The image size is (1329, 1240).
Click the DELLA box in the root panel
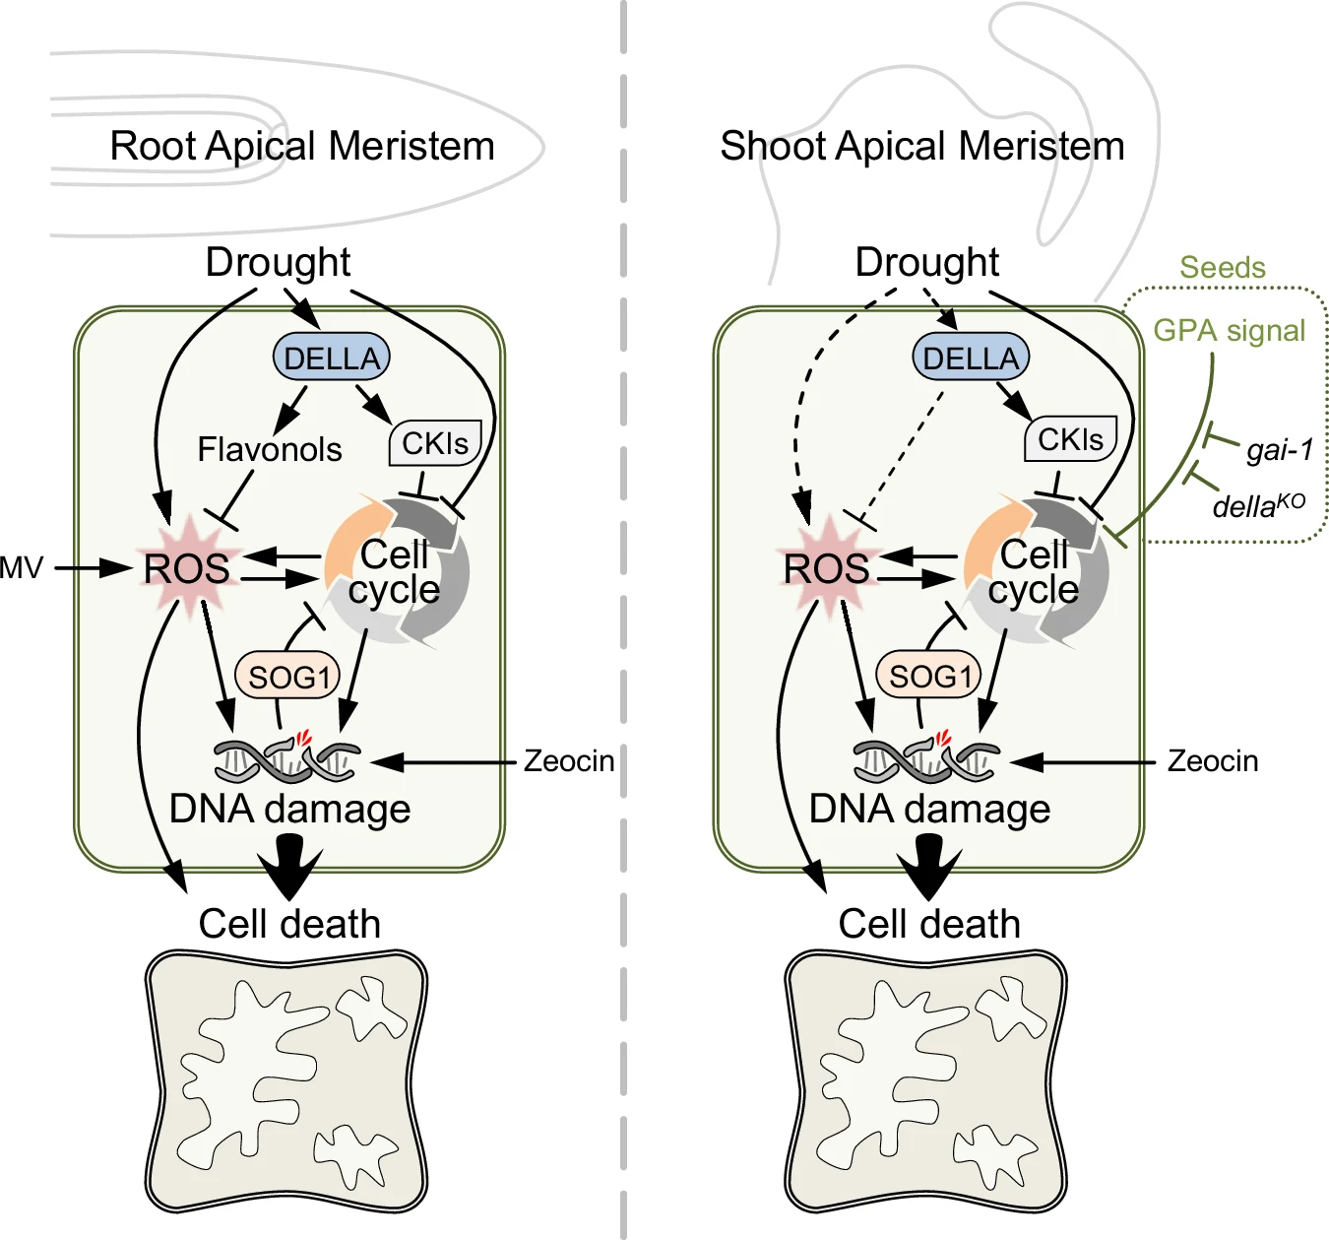pyautogui.click(x=331, y=358)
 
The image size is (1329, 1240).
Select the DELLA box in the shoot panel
pyautogui.click(x=971, y=358)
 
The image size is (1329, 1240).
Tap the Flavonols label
pyautogui.click(x=269, y=449)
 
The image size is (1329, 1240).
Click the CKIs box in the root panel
pyautogui.click(x=435, y=443)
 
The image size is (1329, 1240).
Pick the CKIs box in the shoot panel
pyautogui.click(x=1071, y=439)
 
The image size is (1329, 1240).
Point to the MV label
pyautogui.click(x=22, y=568)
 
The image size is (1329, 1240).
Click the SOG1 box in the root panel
pyautogui.click(x=287, y=677)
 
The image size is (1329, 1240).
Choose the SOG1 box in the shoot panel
pyautogui.click(x=928, y=676)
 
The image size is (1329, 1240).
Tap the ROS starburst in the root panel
pyautogui.click(x=187, y=568)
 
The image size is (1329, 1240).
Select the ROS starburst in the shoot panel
pyautogui.click(x=827, y=568)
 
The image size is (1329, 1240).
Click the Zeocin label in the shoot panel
pyautogui.click(x=1212, y=761)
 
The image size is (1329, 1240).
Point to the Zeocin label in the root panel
pyautogui.click(x=569, y=761)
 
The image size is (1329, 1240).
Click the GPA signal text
pyautogui.click(x=1230, y=331)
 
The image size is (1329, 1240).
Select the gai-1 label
pyautogui.click(x=1279, y=450)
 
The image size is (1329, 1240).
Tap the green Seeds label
pyautogui.click(x=1223, y=268)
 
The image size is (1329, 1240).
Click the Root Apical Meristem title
pyautogui.click(x=302, y=146)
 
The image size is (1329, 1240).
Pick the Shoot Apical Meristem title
pyautogui.click(x=922, y=146)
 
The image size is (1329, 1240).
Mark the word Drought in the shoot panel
pyautogui.click(x=926, y=262)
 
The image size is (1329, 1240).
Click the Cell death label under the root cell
pyautogui.click(x=289, y=924)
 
